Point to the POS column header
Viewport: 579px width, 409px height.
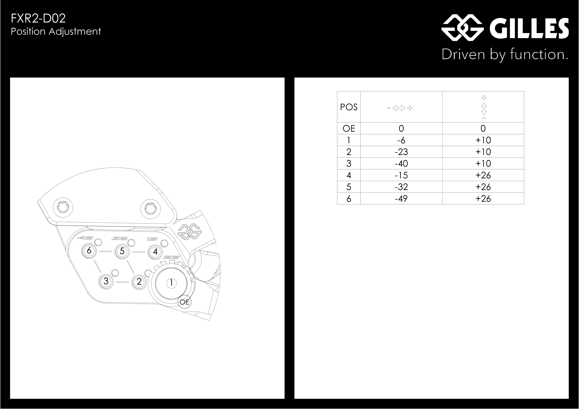coord(349,107)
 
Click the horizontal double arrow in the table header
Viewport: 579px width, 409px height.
coord(399,108)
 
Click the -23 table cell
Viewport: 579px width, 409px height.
coord(401,152)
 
